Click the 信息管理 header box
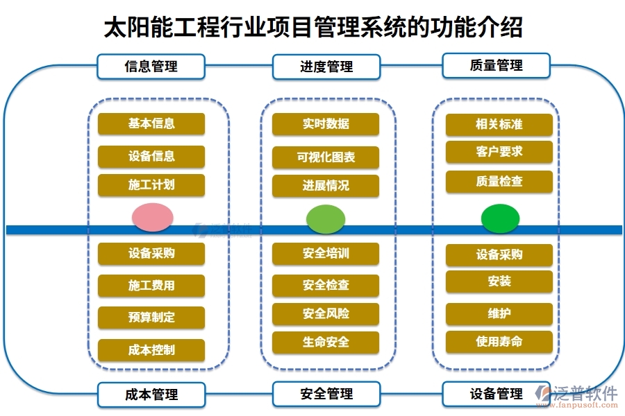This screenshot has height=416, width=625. (x=151, y=67)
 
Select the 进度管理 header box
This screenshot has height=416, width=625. (x=326, y=67)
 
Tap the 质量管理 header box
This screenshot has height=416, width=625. (x=496, y=65)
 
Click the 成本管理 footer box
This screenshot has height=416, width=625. (x=151, y=395)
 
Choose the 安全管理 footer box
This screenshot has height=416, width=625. (x=326, y=394)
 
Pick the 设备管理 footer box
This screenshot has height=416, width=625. (x=496, y=394)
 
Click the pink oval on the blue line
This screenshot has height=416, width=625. (x=152, y=218)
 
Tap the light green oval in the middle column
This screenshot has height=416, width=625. (x=326, y=219)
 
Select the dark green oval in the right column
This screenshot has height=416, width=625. (x=500, y=218)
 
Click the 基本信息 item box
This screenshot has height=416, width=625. (x=151, y=123)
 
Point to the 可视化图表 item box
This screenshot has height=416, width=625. (x=326, y=157)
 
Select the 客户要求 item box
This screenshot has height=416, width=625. (x=499, y=152)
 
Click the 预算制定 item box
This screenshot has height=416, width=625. (x=151, y=318)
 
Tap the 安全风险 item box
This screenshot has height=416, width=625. (x=326, y=314)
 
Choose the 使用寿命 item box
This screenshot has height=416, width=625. (x=499, y=342)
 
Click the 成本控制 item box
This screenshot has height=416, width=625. (x=151, y=350)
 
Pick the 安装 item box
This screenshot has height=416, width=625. (x=499, y=281)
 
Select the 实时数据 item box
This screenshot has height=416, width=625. (x=326, y=124)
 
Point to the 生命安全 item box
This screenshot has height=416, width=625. (x=326, y=343)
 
